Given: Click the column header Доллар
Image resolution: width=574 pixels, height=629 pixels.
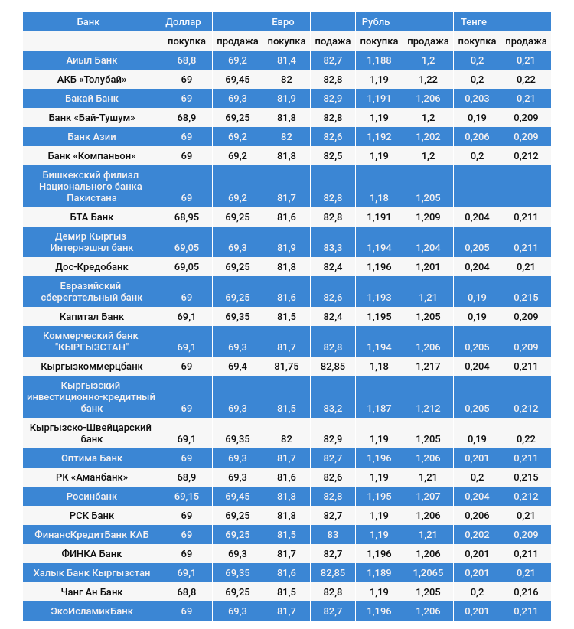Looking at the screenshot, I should pyautogui.click(x=183, y=22).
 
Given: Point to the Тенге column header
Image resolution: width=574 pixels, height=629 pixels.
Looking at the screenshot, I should pyautogui.click(x=473, y=22).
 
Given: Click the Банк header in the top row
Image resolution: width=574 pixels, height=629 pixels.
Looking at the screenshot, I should pyautogui.click(x=88, y=22).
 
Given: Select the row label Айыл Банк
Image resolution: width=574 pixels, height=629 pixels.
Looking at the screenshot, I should pyautogui.click(x=92, y=60).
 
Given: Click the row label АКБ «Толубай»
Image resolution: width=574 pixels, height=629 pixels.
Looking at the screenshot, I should pyautogui.click(x=92, y=80).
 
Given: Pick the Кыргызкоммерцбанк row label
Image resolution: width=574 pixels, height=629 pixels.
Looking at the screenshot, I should pyautogui.click(x=92, y=367).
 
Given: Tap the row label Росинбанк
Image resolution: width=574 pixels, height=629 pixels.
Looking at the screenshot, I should pyautogui.click(x=92, y=497).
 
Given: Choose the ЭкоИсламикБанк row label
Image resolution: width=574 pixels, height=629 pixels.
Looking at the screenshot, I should pyautogui.click(x=92, y=611).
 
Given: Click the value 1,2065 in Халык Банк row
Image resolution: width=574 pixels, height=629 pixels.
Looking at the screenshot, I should pyautogui.click(x=428, y=573).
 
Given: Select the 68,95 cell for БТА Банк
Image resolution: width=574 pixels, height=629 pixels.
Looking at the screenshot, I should pyautogui.click(x=187, y=217).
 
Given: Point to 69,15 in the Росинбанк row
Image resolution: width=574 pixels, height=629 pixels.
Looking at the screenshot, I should pyautogui.click(x=187, y=497).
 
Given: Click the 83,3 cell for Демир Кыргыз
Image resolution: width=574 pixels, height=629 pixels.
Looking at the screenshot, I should pyautogui.click(x=332, y=248).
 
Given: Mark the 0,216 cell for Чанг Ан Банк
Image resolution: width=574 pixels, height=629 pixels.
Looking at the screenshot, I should pyautogui.click(x=526, y=592).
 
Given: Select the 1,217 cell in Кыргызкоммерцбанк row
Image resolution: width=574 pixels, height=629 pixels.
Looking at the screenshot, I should pyautogui.click(x=428, y=367).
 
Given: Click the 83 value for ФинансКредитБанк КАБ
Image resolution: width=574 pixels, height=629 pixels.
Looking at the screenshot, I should pyautogui.click(x=332, y=535).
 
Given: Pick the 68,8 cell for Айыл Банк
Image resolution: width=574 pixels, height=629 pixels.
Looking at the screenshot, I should pyautogui.click(x=187, y=60).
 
